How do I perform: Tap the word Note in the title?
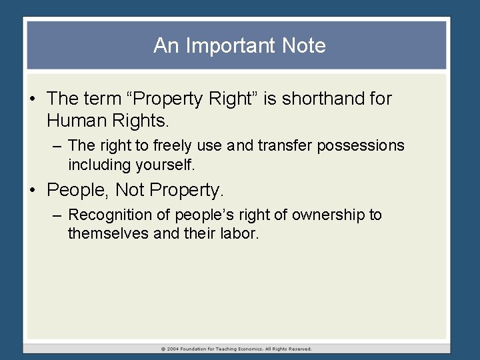click(x=304, y=46)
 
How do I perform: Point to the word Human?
click(x=76, y=121)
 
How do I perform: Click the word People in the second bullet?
click(x=78, y=191)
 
